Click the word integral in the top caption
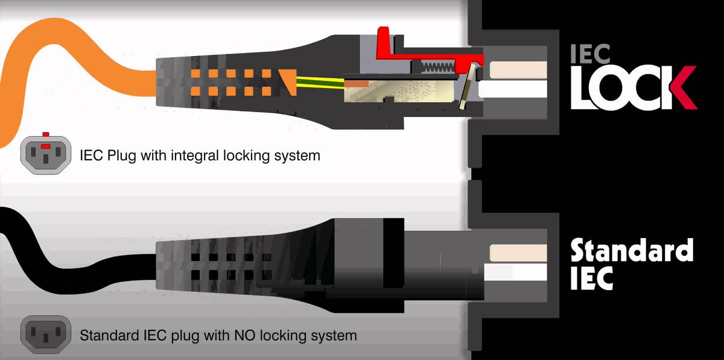198,156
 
